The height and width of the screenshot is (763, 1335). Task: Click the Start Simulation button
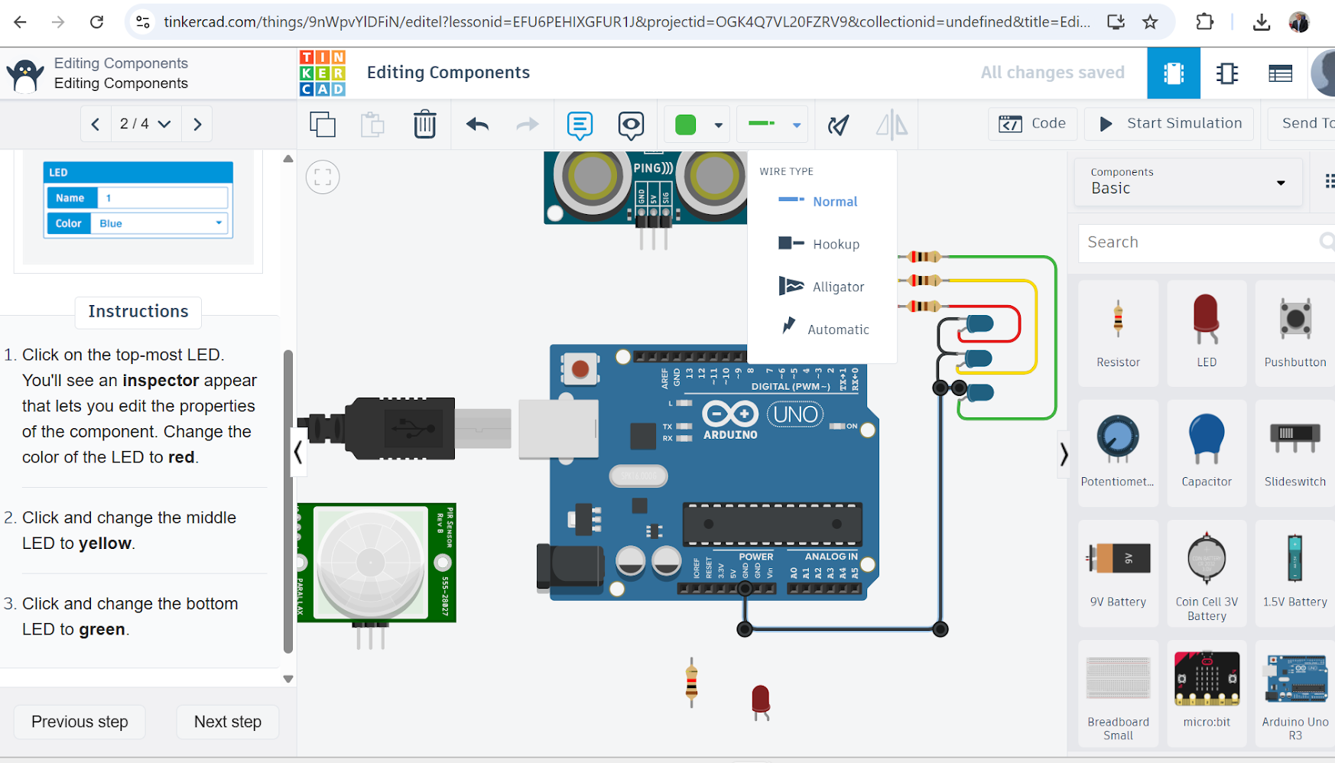[1169, 124]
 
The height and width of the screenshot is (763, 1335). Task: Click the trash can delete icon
[424, 124]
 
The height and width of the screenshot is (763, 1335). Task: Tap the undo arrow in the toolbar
[477, 124]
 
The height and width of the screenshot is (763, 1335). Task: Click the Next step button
[227, 722]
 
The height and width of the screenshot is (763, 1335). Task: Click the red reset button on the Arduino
[580, 369]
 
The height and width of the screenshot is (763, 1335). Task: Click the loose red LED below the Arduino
[760, 700]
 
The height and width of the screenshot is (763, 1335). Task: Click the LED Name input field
[162, 198]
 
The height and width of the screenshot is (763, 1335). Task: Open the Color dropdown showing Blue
[161, 223]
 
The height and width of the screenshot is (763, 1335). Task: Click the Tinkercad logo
[322, 73]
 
